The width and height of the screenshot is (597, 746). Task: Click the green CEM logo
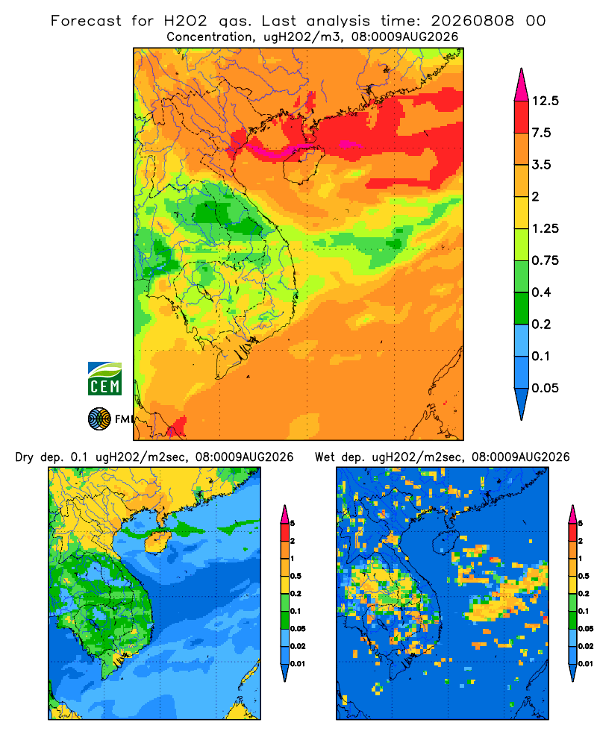(104, 378)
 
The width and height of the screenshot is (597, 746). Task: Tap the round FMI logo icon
(99, 419)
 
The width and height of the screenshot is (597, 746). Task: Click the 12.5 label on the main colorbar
(545, 101)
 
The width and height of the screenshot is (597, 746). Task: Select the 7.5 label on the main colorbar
(541, 133)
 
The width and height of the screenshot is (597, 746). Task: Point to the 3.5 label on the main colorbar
(541, 165)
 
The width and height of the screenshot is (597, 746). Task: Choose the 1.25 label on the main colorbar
(545, 228)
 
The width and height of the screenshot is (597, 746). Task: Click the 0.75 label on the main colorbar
(545, 260)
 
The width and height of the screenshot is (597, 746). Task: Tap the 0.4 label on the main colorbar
(541, 292)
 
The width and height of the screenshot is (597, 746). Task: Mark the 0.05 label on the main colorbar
(545, 388)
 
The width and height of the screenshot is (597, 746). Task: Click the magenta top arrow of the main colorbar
(522, 86)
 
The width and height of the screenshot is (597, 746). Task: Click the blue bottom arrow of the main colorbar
(522, 404)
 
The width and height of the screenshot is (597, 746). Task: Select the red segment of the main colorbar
(522, 117)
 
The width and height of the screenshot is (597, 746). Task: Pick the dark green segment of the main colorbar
(522, 308)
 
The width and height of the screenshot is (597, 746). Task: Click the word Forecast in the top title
(86, 21)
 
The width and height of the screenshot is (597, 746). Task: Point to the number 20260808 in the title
(472, 21)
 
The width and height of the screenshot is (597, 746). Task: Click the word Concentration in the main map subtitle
(210, 37)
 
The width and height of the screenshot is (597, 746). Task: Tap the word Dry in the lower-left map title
(25, 457)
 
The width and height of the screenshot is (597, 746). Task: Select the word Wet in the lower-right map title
(325, 457)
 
